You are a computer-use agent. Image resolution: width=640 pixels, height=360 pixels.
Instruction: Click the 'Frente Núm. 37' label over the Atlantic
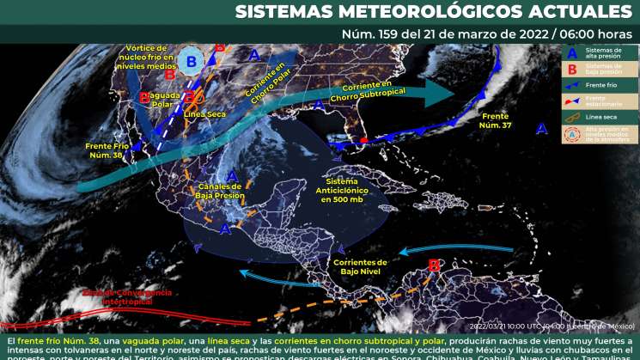(x=496, y=119)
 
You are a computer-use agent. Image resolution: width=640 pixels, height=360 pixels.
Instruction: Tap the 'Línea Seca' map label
(x=204, y=113)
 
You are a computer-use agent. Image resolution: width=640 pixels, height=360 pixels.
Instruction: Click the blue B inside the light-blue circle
(x=192, y=60)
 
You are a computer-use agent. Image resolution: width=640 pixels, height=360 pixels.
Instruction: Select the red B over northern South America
(x=434, y=266)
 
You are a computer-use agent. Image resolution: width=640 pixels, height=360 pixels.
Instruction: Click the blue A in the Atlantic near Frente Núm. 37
(x=541, y=129)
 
